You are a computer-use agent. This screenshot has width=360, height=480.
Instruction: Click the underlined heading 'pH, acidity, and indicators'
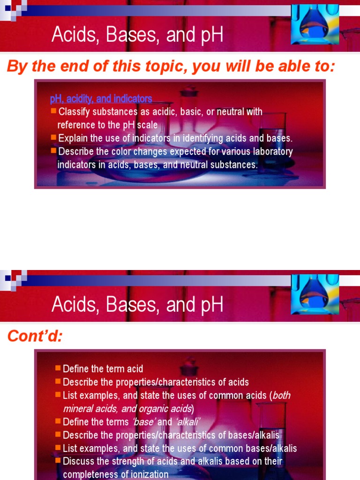(101, 99)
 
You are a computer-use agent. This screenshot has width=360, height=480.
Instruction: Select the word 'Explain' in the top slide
(74, 138)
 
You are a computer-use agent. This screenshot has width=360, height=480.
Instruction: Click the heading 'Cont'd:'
(35, 337)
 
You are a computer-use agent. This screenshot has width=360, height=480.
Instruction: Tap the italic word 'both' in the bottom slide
(281, 395)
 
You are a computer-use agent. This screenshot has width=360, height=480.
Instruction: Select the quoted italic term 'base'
(143, 422)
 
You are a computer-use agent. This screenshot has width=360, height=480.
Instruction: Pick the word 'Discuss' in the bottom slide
(78, 461)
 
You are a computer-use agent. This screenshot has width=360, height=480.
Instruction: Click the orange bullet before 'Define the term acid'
(58, 368)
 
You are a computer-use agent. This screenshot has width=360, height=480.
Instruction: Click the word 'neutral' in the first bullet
(233, 112)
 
